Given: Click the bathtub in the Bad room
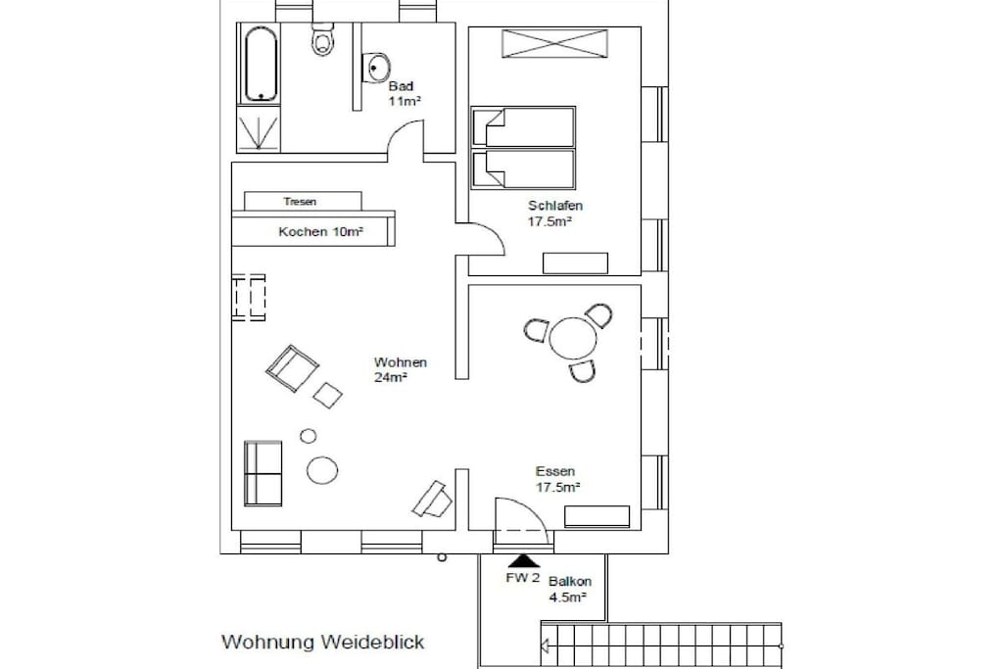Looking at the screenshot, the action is click(x=261, y=64).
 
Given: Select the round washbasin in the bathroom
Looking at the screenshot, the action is click(x=377, y=68).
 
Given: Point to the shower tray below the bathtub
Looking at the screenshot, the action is click(x=259, y=129).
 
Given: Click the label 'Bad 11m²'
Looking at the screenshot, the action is click(x=404, y=93).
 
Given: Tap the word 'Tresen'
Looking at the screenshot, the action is click(x=300, y=202).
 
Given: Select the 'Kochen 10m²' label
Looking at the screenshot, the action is click(x=321, y=231).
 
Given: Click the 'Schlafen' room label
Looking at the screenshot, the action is click(x=555, y=206).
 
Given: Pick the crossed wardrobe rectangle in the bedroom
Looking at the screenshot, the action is click(x=554, y=43).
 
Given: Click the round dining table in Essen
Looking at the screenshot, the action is click(x=573, y=337).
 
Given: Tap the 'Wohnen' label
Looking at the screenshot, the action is click(x=401, y=362).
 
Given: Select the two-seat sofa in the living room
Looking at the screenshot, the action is click(x=263, y=473).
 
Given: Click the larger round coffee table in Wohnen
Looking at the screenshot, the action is click(x=322, y=470).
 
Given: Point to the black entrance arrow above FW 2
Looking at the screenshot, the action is click(x=524, y=561).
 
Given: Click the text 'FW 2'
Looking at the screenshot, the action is click(x=523, y=578).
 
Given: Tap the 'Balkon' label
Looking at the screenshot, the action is click(x=570, y=582).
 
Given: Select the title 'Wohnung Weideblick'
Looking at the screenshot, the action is click(x=323, y=642).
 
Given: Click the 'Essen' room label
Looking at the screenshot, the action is click(x=555, y=471).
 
